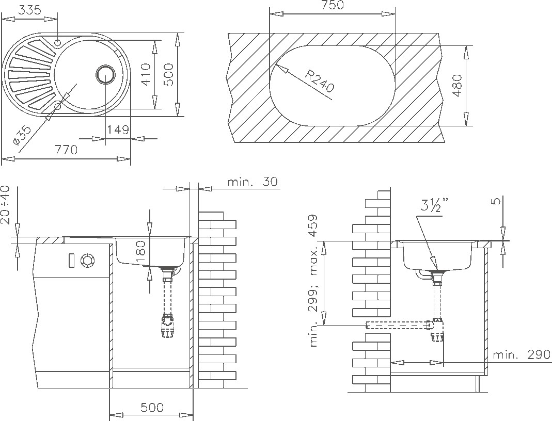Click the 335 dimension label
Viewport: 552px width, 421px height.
click(29, 10)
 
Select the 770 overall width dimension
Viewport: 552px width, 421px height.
click(66, 150)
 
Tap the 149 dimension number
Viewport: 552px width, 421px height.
click(118, 129)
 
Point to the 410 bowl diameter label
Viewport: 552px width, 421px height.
click(146, 74)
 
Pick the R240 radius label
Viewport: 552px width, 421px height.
click(319, 81)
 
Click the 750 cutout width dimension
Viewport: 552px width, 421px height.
click(333, 5)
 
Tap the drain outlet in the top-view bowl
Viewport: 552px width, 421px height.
click(105, 74)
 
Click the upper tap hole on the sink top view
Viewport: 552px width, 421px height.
click(58, 42)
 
